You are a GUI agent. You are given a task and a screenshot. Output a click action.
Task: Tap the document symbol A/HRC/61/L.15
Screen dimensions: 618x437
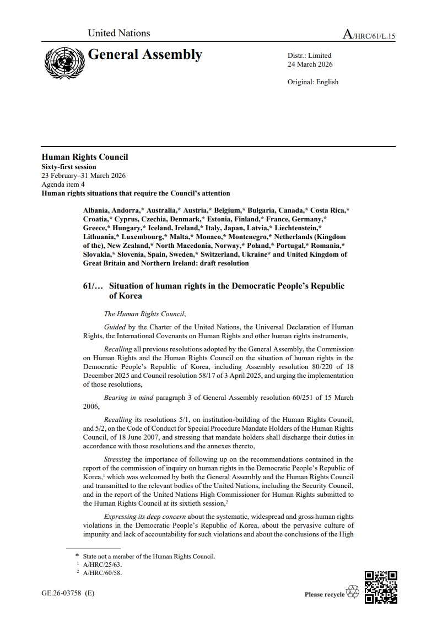coord(369,35)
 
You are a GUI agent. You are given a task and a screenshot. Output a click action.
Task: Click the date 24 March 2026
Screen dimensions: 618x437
coord(310,64)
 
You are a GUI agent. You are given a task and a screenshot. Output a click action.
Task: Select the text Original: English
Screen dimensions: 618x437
coord(313,82)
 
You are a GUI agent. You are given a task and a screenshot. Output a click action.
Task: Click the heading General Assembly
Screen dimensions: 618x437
coord(145,55)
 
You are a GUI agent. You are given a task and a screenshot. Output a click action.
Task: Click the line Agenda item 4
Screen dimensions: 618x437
coord(63,185)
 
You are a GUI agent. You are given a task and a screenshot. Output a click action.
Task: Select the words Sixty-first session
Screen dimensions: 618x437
coord(69,167)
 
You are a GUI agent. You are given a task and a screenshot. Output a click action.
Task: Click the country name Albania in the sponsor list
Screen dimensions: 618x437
coord(96,210)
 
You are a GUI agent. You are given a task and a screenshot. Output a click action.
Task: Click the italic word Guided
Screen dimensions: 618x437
coord(115,327)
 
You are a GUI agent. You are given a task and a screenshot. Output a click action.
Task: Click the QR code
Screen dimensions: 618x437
coord(381,587)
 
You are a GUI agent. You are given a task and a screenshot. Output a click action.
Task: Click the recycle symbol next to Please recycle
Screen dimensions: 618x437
coord(353,592)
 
